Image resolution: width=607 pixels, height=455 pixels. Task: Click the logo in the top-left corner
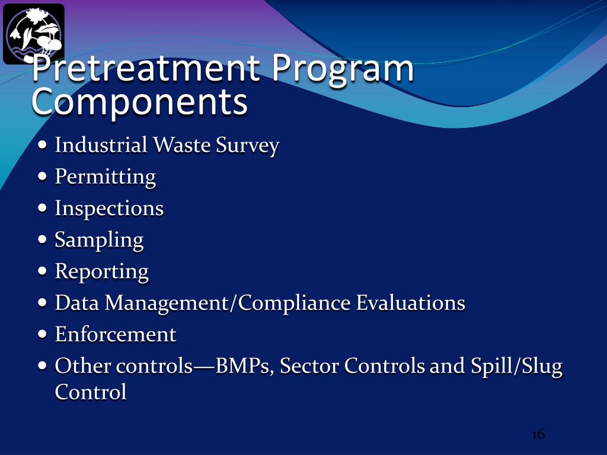tap(33, 34)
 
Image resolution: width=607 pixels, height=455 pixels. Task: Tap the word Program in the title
tap(343, 69)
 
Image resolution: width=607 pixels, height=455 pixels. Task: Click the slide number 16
tap(538, 435)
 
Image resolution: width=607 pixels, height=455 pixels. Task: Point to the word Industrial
tap(101, 145)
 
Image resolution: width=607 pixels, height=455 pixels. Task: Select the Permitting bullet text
tap(105, 177)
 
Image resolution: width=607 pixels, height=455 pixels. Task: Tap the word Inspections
tap(109, 209)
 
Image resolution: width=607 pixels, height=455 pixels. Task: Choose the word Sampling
tap(99, 240)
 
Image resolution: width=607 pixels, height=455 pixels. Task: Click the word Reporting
tap(101, 271)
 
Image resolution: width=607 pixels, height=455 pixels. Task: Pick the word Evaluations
tap(410, 303)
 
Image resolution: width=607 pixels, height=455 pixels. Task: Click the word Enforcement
tap(116, 335)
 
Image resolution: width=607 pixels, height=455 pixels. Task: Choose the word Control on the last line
tap(91, 392)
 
